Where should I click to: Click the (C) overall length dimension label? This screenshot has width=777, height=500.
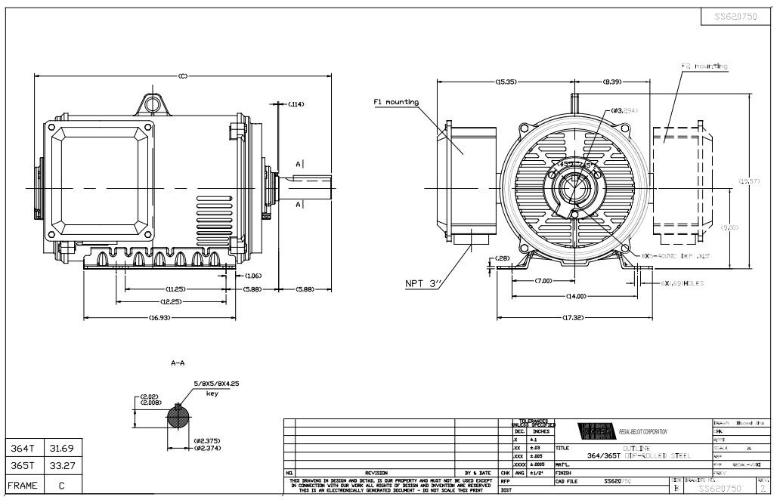(x=184, y=76)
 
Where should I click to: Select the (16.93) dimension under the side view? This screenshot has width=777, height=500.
(x=158, y=318)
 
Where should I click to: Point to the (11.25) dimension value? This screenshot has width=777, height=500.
(x=176, y=289)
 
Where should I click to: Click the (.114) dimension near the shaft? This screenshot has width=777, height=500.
(x=296, y=103)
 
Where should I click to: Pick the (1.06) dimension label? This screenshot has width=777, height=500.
(x=252, y=276)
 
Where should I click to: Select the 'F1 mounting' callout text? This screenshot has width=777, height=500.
(x=396, y=102)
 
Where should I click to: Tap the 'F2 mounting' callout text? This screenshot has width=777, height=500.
(x=704, y=66)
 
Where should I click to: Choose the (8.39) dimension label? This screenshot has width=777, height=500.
(x=612, y=81)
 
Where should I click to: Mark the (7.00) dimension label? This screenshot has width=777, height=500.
(x=543, y=280)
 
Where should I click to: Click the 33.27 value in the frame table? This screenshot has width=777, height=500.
(x=62, y=465)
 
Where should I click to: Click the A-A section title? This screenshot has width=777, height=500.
(x=178, y=363)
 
